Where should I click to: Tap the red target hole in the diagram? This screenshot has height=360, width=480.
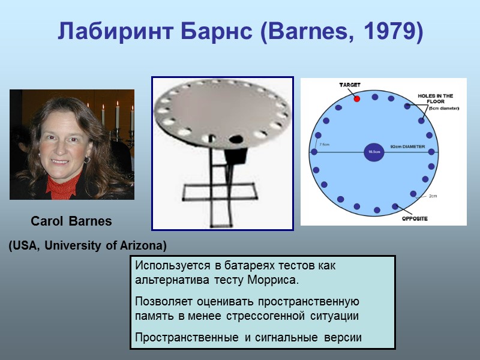[x=356, y=98]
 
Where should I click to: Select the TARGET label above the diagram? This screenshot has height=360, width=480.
[x=350, y=85]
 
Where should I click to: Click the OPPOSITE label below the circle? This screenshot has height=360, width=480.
[x=415, y=218]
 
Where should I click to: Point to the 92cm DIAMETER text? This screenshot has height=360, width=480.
[x=407, y=146]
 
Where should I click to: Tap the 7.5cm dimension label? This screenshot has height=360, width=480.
[x=325, y=145]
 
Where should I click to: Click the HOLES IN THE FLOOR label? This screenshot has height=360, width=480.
[x=435, y=99]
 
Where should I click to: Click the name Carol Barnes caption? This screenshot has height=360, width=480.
[x=71, y=221]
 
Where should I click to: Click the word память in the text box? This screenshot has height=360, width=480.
[x=154, y=315]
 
